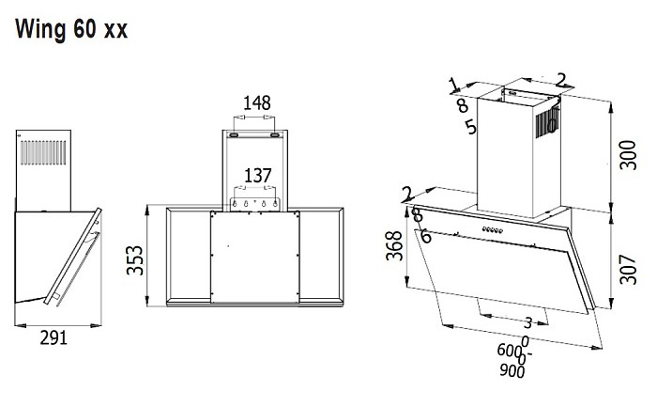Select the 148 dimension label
point(259,102)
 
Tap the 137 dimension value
point(259,175)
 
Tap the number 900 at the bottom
point(513,370)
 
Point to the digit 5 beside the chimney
point(470,127)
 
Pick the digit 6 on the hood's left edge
point(426,236)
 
